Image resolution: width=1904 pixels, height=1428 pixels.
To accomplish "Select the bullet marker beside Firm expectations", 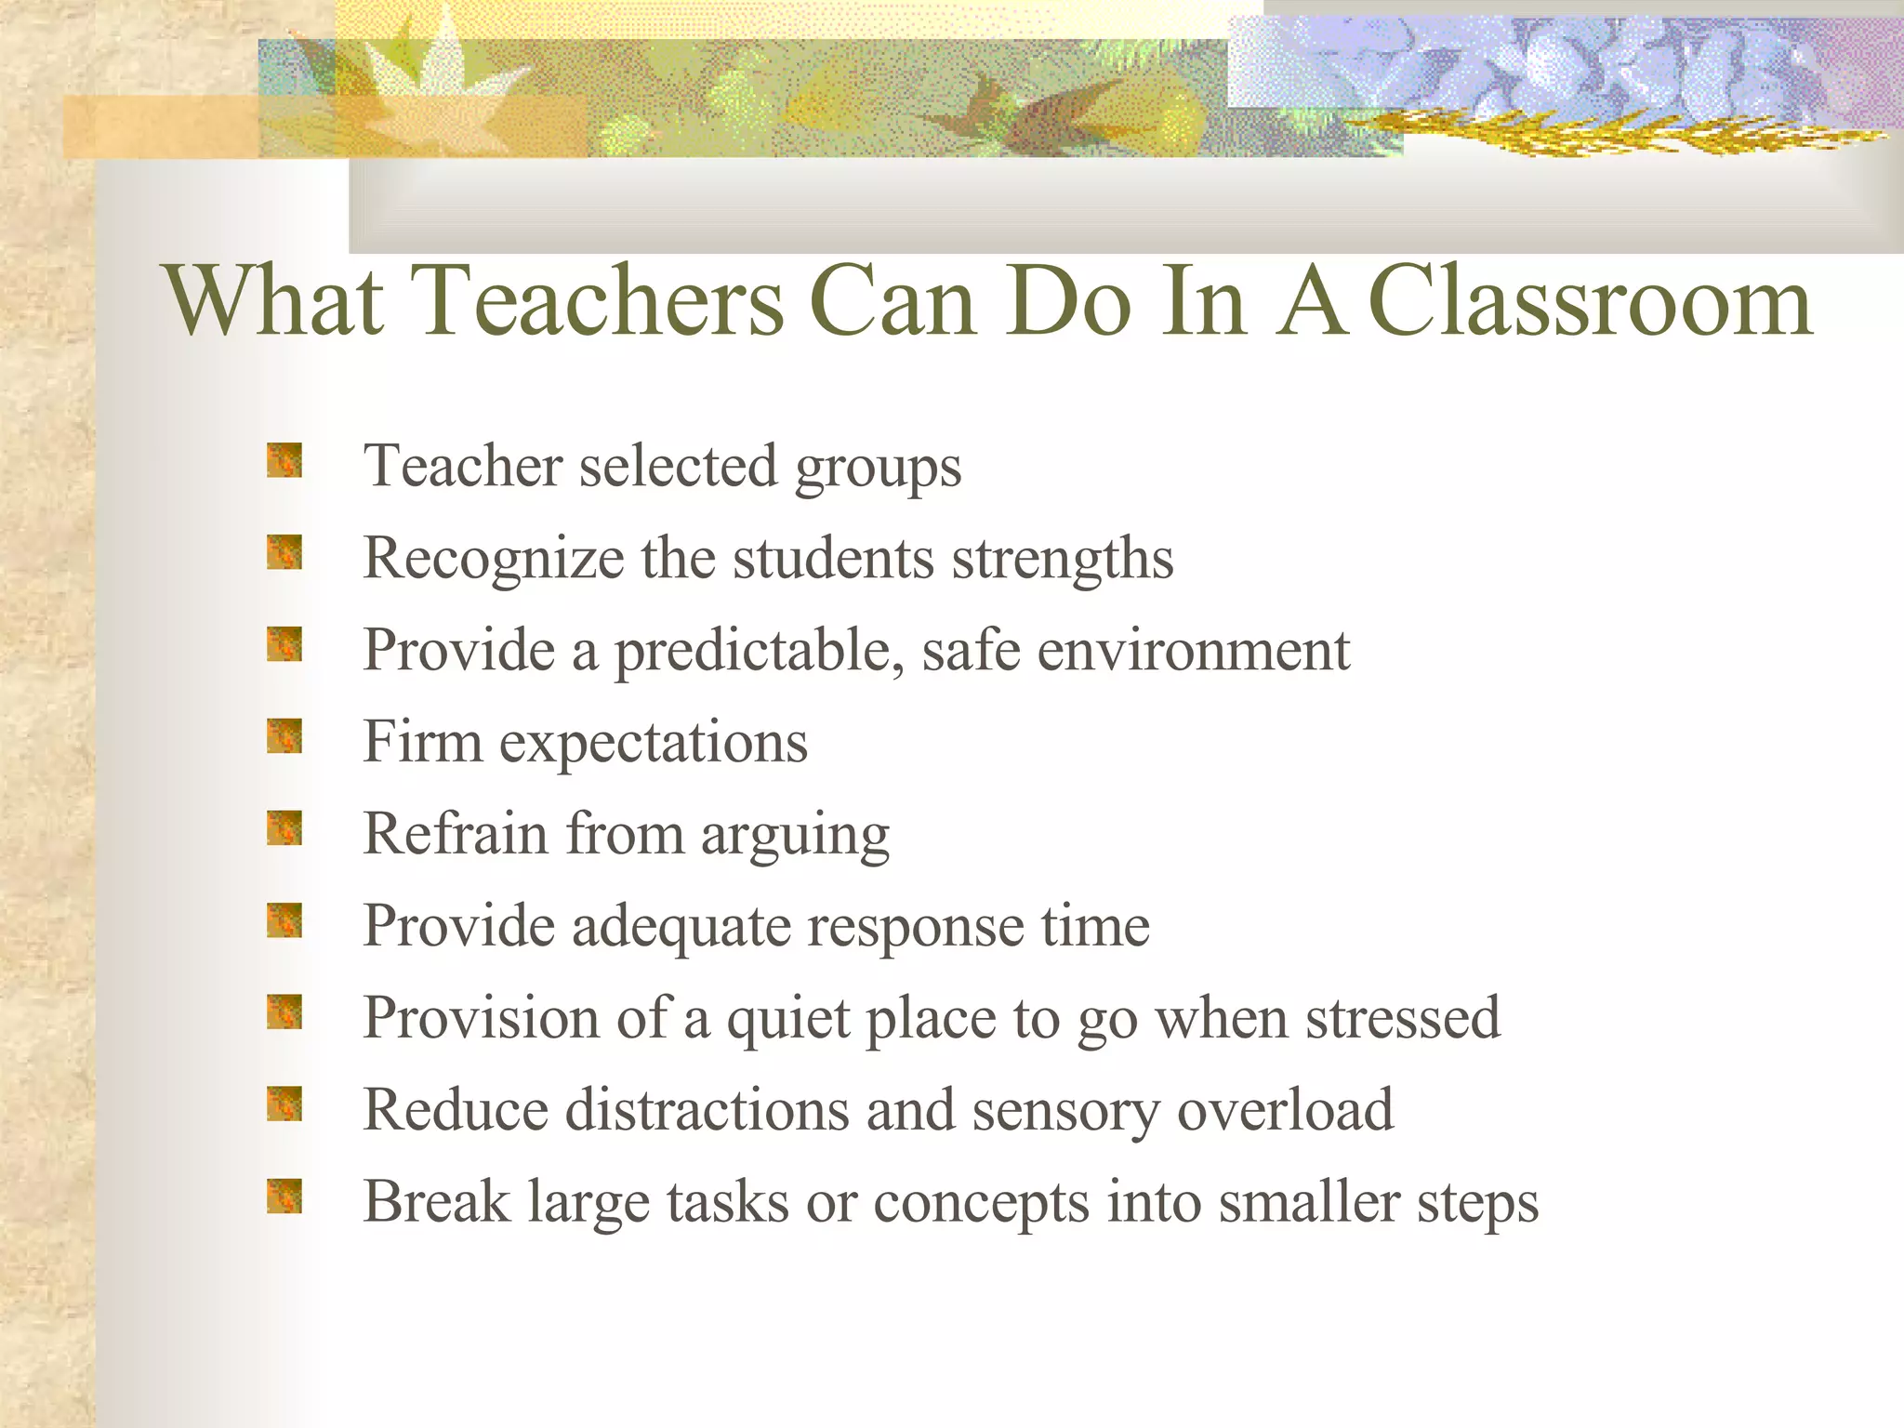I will (284, 737).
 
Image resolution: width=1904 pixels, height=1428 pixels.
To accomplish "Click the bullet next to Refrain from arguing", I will (284, 828).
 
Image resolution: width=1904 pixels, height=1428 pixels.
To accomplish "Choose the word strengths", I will (1062, 560).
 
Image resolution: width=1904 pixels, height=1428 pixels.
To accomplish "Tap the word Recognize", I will (493, 560).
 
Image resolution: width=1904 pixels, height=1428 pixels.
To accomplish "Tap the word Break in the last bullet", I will (436, 1202).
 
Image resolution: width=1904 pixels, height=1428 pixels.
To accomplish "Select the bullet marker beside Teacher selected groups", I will (284, 461).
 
